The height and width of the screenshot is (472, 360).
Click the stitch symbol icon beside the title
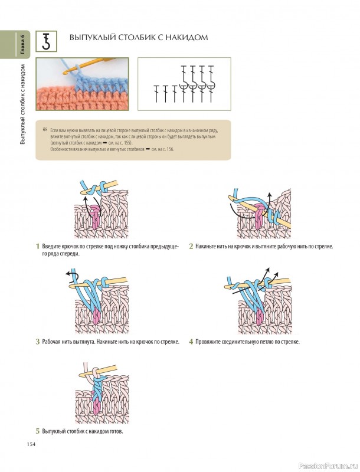[47, 41]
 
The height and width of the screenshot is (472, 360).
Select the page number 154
[31, 444]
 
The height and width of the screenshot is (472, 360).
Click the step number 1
[38, 246]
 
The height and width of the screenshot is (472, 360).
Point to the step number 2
[191, 246]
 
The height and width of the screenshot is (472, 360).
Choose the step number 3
[38, 342]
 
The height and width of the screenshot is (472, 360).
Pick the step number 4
[191, 342]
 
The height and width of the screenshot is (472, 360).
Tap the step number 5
[38, 431]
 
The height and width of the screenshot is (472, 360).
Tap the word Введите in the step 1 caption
[51, 246]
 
